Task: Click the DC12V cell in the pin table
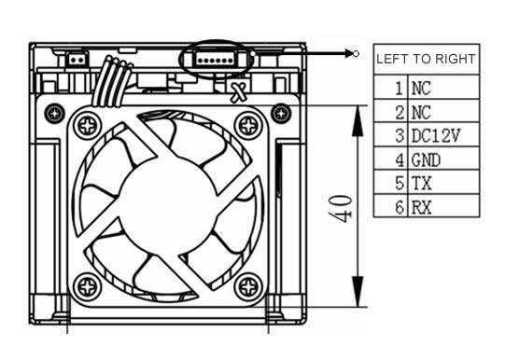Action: tap(435, 135)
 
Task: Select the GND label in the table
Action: tap(426, 159)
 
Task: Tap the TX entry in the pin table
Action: tap(421, 184)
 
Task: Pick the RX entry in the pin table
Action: tap(421, 207)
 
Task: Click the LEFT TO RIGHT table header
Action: tap(426, 59)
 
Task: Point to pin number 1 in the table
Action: tap(399, 89)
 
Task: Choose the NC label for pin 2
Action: tap(421, 113)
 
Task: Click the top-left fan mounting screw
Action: tap(88, 126)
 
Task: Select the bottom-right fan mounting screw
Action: tap(248, 286)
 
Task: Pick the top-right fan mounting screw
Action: tap(248, 126)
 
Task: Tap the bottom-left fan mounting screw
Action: tap(88, 286)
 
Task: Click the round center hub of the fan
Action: tap(167, 206)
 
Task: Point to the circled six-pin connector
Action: tap(215, 59)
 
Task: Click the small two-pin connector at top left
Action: tap(77, 59)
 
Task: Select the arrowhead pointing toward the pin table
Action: tap(349, 53)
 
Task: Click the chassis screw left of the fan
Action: tap(55, 113)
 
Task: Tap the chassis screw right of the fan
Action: tap(282, 113)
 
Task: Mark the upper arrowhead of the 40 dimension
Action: tap(358, 120)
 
